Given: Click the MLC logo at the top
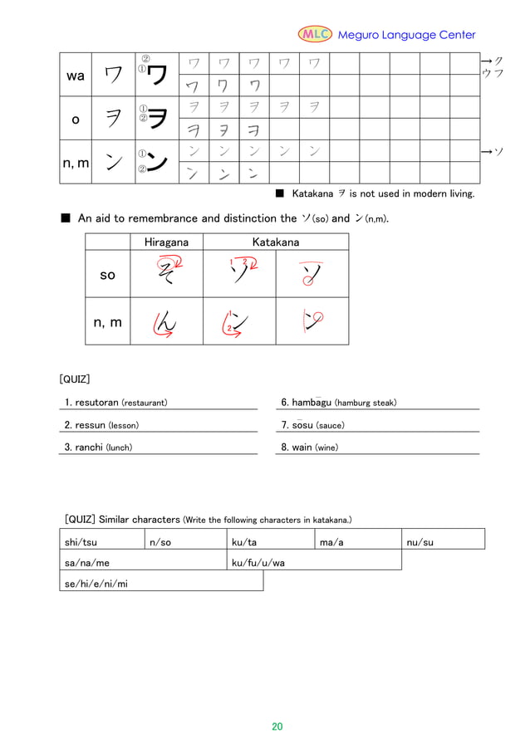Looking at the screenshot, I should (315, 34).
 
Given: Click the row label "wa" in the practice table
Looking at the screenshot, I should (75, 76).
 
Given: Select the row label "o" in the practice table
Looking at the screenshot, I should (75, 120).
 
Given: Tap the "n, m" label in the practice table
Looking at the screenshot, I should (76, 164).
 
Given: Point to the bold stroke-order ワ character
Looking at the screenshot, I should (158, 76).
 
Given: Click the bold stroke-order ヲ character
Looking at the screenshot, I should (158, 119).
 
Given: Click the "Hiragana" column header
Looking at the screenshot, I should (166, 242).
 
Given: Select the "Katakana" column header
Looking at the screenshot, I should (276, 242).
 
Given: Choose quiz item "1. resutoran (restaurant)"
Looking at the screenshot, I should (115, 403).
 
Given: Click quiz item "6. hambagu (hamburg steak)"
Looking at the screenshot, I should (338, 403).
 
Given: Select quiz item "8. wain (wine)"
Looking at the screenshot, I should (309, 447).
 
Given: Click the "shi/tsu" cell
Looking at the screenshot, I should (81, 542).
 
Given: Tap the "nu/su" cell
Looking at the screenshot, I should (420, 542).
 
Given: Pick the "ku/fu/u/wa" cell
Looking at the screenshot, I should (258, 563).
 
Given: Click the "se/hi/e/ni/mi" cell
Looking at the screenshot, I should (96, 584).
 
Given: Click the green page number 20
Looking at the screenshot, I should (277, 726).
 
